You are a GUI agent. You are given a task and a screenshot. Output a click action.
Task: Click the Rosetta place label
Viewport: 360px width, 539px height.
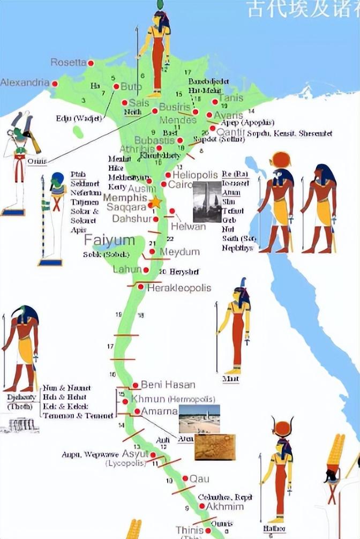tap(68, 63)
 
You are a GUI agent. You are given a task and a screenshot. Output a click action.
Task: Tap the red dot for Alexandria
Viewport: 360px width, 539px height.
tap(55, 83)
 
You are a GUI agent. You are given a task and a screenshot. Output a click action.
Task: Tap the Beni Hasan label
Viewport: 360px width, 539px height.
tap(168, 385)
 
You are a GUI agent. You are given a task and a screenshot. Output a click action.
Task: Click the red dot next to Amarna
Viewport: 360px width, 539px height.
tap(137, 412)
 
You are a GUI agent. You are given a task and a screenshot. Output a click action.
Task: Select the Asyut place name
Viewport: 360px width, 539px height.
tap(135, 453)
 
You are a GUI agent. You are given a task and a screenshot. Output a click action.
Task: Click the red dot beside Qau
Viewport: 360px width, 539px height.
tap(185, 478)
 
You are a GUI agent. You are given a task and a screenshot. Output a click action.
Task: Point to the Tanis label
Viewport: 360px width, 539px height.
tap(231, 98)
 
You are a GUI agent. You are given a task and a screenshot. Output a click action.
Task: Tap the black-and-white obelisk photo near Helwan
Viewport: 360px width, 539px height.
tap(207, 201)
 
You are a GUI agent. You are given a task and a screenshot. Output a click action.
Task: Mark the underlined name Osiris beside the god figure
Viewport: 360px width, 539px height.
tap(37, 161)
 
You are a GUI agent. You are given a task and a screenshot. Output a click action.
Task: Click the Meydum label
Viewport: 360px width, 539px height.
tap(179, 252)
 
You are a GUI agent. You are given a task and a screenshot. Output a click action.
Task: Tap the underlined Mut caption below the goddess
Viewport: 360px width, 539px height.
tap(230, 379)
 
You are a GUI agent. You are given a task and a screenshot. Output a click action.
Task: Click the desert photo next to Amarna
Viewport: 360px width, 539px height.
tap(199, 418)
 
